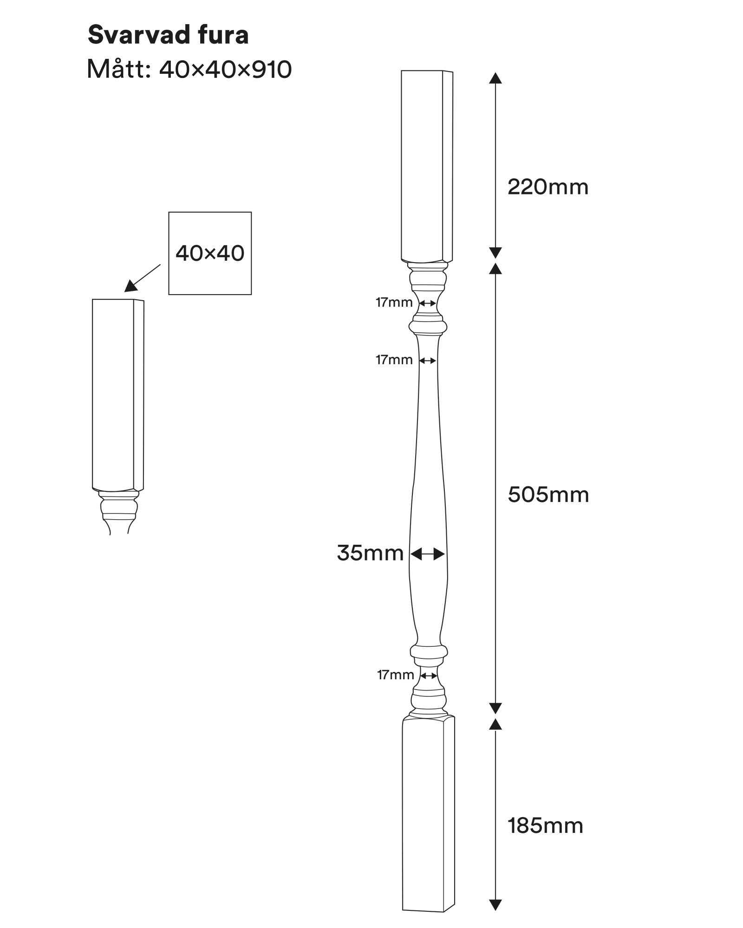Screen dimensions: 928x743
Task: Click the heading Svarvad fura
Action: pyautogui.click(x=168, y=35)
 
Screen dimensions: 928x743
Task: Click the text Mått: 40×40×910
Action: pyautogui.click(x=189, y=70)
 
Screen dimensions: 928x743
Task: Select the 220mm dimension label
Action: pyautogui.click(x=547, y=187)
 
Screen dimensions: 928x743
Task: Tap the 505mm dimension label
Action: pyautogui.click(x=548, y=495)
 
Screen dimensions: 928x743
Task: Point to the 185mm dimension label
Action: pyautogui.click(x=545, y=826)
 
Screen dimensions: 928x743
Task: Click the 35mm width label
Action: pyautogui.click(x=370, y=553)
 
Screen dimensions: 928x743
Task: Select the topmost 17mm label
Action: pyautogui.click(x=394, y=303)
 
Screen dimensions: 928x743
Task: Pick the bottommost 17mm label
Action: pyautogui.click(x=395, y=675)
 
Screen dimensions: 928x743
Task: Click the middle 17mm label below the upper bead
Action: pyautogui.click(x=394, y=360)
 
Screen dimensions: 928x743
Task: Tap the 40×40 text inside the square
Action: pyautogui.click(x=210, y=253)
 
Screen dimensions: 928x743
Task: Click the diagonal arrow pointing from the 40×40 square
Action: pyautogui.click(x=142, y=278)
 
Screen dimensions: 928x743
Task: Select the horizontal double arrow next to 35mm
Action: pyautogui.click(x=428, y=554)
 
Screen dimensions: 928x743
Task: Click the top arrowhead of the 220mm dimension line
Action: pyautogui.click(x=495, y=78)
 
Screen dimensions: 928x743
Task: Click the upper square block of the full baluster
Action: pyautogui.click(x=426, y=166)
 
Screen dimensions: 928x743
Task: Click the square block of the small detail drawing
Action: pyautogui.click(x=117, y=394)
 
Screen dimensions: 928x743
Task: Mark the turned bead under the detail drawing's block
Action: pyautogui.click(x=119, y=508)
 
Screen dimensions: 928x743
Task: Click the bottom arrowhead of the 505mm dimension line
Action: pyautogui.click(x=495, y=708)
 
